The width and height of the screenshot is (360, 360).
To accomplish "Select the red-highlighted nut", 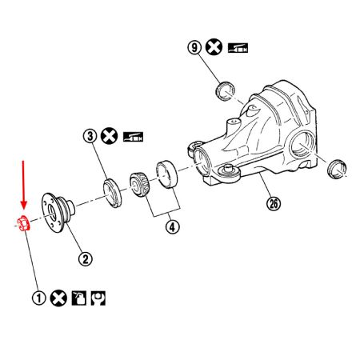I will [x=23, y=222].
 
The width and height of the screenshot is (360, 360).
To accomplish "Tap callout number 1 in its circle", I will [x=38, y=298].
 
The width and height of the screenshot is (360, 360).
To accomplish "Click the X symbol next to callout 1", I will [x=58, y=298].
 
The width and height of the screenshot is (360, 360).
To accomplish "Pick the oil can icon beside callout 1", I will [x=79, y=298].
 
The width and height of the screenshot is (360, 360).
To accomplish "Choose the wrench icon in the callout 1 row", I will [x=99, y=298].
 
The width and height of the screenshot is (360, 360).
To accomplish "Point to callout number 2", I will [x=85, y=258].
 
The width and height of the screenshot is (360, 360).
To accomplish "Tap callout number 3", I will [x=90, y=137].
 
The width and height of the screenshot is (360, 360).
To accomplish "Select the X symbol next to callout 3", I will [x=111, y=137].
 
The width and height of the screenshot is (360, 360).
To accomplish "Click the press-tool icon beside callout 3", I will [x=132, y=137].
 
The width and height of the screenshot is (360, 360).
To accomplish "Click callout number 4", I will [x=172, y=226].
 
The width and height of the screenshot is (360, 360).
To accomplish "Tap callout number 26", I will [x=275, y=205].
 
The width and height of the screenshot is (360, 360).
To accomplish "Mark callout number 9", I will [x=194, y=48].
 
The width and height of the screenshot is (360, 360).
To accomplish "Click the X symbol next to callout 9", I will [x=214, y=48].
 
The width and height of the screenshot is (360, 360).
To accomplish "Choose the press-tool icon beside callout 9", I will [x=238, y=48].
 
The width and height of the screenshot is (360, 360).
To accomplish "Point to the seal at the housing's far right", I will [x=337, y=167].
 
